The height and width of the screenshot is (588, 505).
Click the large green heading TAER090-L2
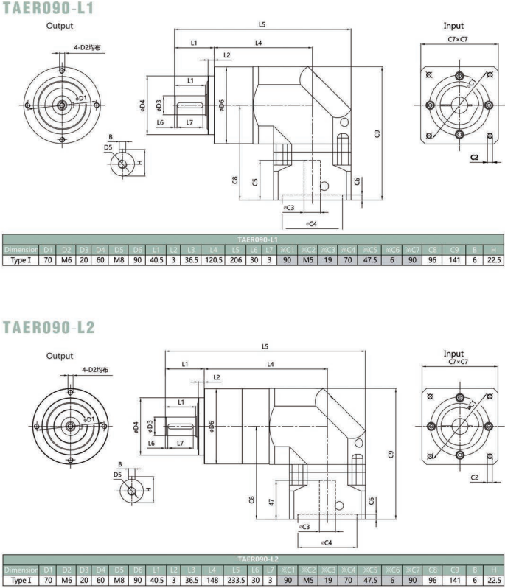49,326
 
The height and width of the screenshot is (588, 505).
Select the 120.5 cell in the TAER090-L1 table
213,259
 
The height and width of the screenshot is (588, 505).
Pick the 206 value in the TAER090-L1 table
236,259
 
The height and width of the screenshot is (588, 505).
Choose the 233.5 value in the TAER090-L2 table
236,580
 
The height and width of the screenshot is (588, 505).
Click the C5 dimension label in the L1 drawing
254,182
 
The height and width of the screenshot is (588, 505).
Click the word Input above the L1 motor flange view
453,26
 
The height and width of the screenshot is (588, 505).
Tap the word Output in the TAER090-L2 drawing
60,356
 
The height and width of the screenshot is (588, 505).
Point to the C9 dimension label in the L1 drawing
376,133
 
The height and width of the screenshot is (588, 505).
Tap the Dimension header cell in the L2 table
20,570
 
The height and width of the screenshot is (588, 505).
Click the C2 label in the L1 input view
474,157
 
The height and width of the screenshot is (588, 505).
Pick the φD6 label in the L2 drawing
211,425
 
